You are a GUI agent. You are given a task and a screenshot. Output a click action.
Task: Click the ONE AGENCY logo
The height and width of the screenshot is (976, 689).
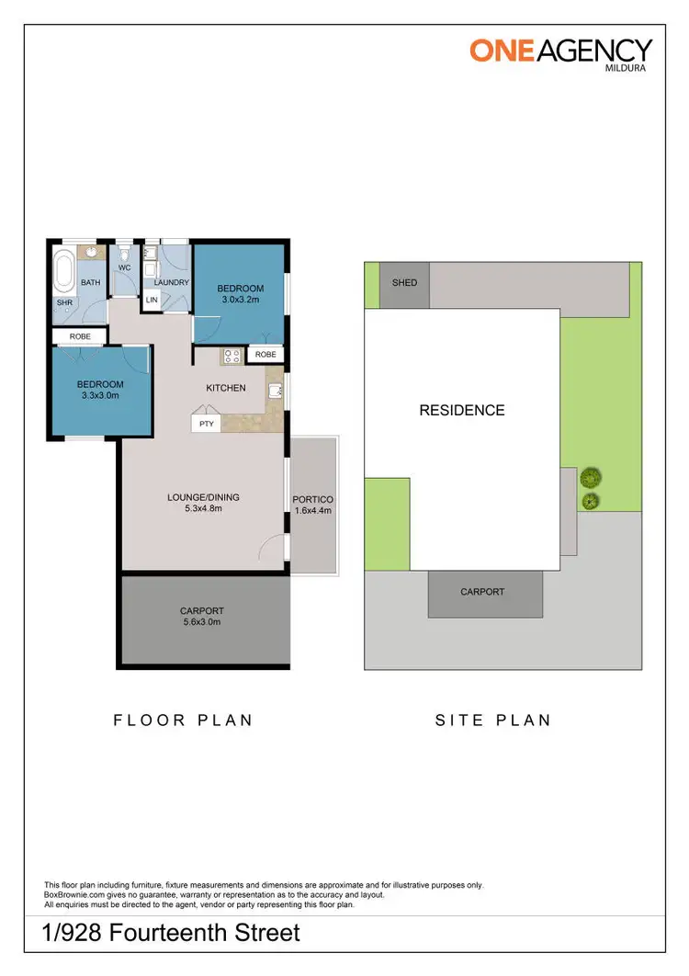[561, 50]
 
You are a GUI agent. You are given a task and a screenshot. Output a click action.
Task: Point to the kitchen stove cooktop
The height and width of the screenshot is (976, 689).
[231, 356]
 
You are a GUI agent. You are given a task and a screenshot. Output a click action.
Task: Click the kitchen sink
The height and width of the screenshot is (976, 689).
[275, 392]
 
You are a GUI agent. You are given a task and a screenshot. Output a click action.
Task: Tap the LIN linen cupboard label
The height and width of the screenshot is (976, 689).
[152, 301]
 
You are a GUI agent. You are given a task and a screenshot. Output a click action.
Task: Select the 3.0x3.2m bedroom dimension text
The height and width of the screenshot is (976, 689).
[240, 300]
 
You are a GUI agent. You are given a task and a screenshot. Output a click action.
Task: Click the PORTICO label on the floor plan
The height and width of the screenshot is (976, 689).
[313, 500]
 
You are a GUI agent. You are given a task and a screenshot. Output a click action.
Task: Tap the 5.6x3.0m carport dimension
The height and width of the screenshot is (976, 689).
[201, 622]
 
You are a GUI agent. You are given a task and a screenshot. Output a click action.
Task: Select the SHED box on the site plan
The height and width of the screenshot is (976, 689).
[404, 282]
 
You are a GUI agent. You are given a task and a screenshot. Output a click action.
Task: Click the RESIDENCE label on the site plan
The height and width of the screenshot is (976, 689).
[462, 411]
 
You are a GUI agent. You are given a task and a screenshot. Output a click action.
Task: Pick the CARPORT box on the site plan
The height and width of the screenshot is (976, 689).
[482, 592]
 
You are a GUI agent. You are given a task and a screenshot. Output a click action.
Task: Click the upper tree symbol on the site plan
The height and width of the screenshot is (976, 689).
[590, 477]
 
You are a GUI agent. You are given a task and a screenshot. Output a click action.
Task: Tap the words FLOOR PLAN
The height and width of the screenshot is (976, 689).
[183, 721]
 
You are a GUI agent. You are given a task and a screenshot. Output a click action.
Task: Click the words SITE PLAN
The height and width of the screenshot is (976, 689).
[492, 721]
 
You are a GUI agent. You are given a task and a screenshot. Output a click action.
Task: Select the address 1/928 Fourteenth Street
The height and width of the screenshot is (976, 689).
[172, 934]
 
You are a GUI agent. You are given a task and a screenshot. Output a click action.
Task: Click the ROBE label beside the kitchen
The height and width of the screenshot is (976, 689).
[265, 354]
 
